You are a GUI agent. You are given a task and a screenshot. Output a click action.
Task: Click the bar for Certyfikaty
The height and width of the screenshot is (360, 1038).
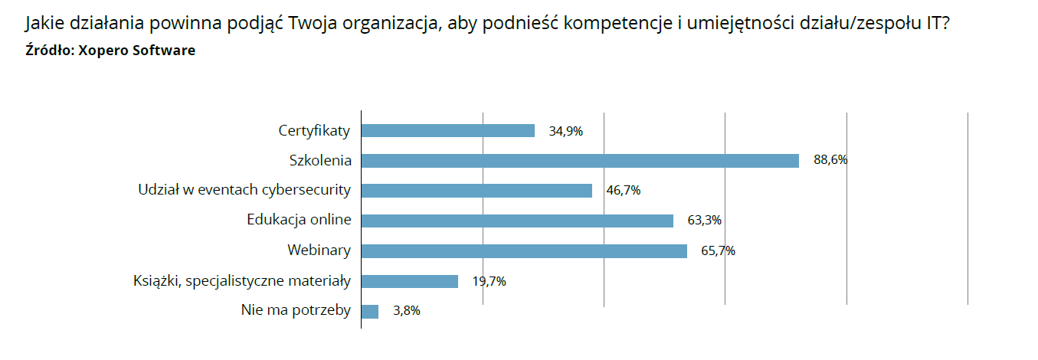tap(447, 131)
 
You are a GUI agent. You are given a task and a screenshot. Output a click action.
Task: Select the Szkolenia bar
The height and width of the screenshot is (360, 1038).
tap(580, 161)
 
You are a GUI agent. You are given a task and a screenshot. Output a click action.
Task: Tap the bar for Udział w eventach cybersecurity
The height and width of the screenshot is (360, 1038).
tap(476, 191)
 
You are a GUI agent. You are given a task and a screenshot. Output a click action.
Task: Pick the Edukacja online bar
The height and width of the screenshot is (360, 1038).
tap(517, 221)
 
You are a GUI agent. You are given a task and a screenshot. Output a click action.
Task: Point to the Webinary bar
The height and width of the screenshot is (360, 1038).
tap(524, 250)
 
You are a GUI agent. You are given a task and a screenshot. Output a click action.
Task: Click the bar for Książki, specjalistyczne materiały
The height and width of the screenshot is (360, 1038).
tap(409, 281)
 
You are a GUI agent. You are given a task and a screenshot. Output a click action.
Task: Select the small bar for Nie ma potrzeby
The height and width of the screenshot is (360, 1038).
tap(370, 311)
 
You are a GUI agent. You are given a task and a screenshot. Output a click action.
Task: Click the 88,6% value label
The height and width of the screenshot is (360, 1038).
tap(830, 161)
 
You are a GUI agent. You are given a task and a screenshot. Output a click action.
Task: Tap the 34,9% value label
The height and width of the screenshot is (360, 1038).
tap(566, 131)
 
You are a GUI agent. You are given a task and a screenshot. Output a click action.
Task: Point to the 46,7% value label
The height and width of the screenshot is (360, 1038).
tap(624, 191)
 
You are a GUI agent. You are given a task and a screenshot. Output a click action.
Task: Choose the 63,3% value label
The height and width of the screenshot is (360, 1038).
tap(705, 221)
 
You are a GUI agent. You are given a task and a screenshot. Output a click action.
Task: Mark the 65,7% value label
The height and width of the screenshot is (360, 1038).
tap(718, 250)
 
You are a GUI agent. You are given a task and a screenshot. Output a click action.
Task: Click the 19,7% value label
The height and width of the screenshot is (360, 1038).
tap(489, 281)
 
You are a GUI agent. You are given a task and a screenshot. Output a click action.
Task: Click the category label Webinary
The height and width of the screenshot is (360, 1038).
tap(319, 250)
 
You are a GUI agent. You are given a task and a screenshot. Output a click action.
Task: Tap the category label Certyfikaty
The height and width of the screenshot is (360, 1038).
tap(314, 131)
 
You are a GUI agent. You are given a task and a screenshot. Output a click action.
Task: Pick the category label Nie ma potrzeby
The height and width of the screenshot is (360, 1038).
tap(296, 311)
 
